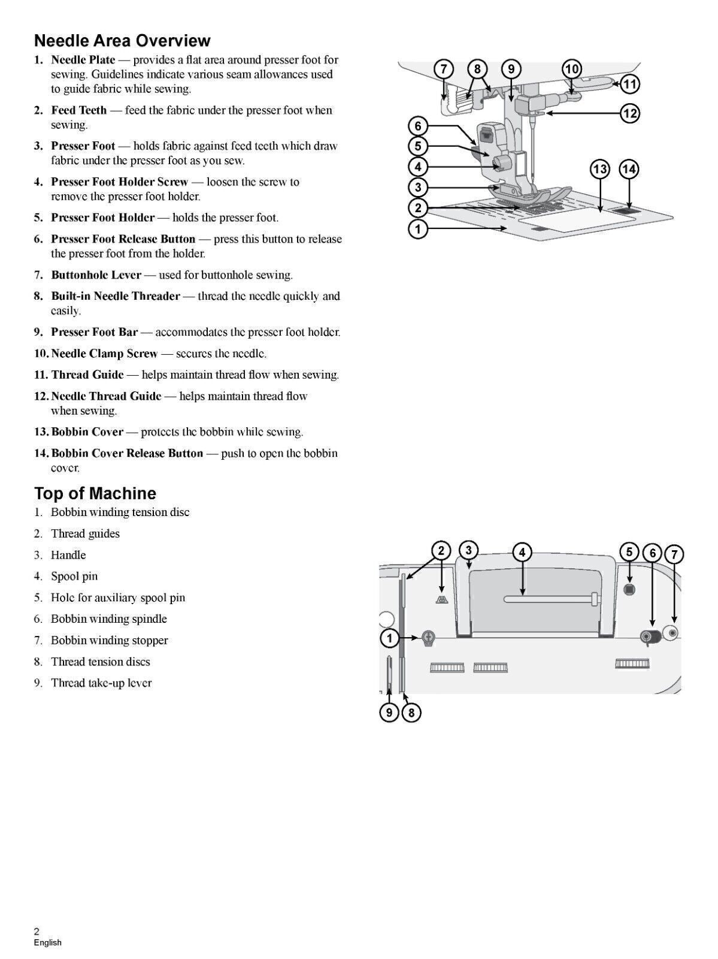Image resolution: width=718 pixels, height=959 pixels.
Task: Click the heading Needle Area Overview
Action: (x=122, y=41)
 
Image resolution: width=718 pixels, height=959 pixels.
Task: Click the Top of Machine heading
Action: (x=95, y=493)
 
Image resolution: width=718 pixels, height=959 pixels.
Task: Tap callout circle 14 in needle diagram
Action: (x=629, y=170)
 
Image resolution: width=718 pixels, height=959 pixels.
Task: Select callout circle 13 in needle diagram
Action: (x=600, y=170)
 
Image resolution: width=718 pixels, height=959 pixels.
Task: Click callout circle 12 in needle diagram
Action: (x=629, y=113)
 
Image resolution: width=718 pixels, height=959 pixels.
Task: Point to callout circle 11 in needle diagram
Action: (x=629, y=84)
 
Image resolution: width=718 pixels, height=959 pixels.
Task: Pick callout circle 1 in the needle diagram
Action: (x=418, y=228)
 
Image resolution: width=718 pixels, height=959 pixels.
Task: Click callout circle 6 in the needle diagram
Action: (x=418, y=126)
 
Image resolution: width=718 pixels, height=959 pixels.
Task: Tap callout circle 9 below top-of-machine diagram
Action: (x=389, y=713)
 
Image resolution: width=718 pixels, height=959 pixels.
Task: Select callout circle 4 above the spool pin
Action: (x=522, y=552)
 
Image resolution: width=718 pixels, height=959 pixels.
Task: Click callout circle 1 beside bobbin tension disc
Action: (x=390, y=638)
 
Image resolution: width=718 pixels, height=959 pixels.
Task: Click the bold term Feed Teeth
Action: (x=78, y=110)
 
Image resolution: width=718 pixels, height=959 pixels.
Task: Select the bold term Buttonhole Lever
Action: (x=96, y=275)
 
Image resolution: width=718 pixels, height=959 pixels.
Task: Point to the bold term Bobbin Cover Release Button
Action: (x=127, y=453)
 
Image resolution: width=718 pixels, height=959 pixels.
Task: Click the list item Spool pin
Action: (x=74, y=576)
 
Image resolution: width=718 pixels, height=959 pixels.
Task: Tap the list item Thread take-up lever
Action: (x=101, y=683)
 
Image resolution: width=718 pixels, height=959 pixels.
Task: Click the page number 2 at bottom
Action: (x=37, y=931)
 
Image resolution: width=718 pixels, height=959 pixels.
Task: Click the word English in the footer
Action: (x=47, y=942)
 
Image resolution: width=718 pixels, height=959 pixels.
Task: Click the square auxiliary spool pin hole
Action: (x=629, y=589)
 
